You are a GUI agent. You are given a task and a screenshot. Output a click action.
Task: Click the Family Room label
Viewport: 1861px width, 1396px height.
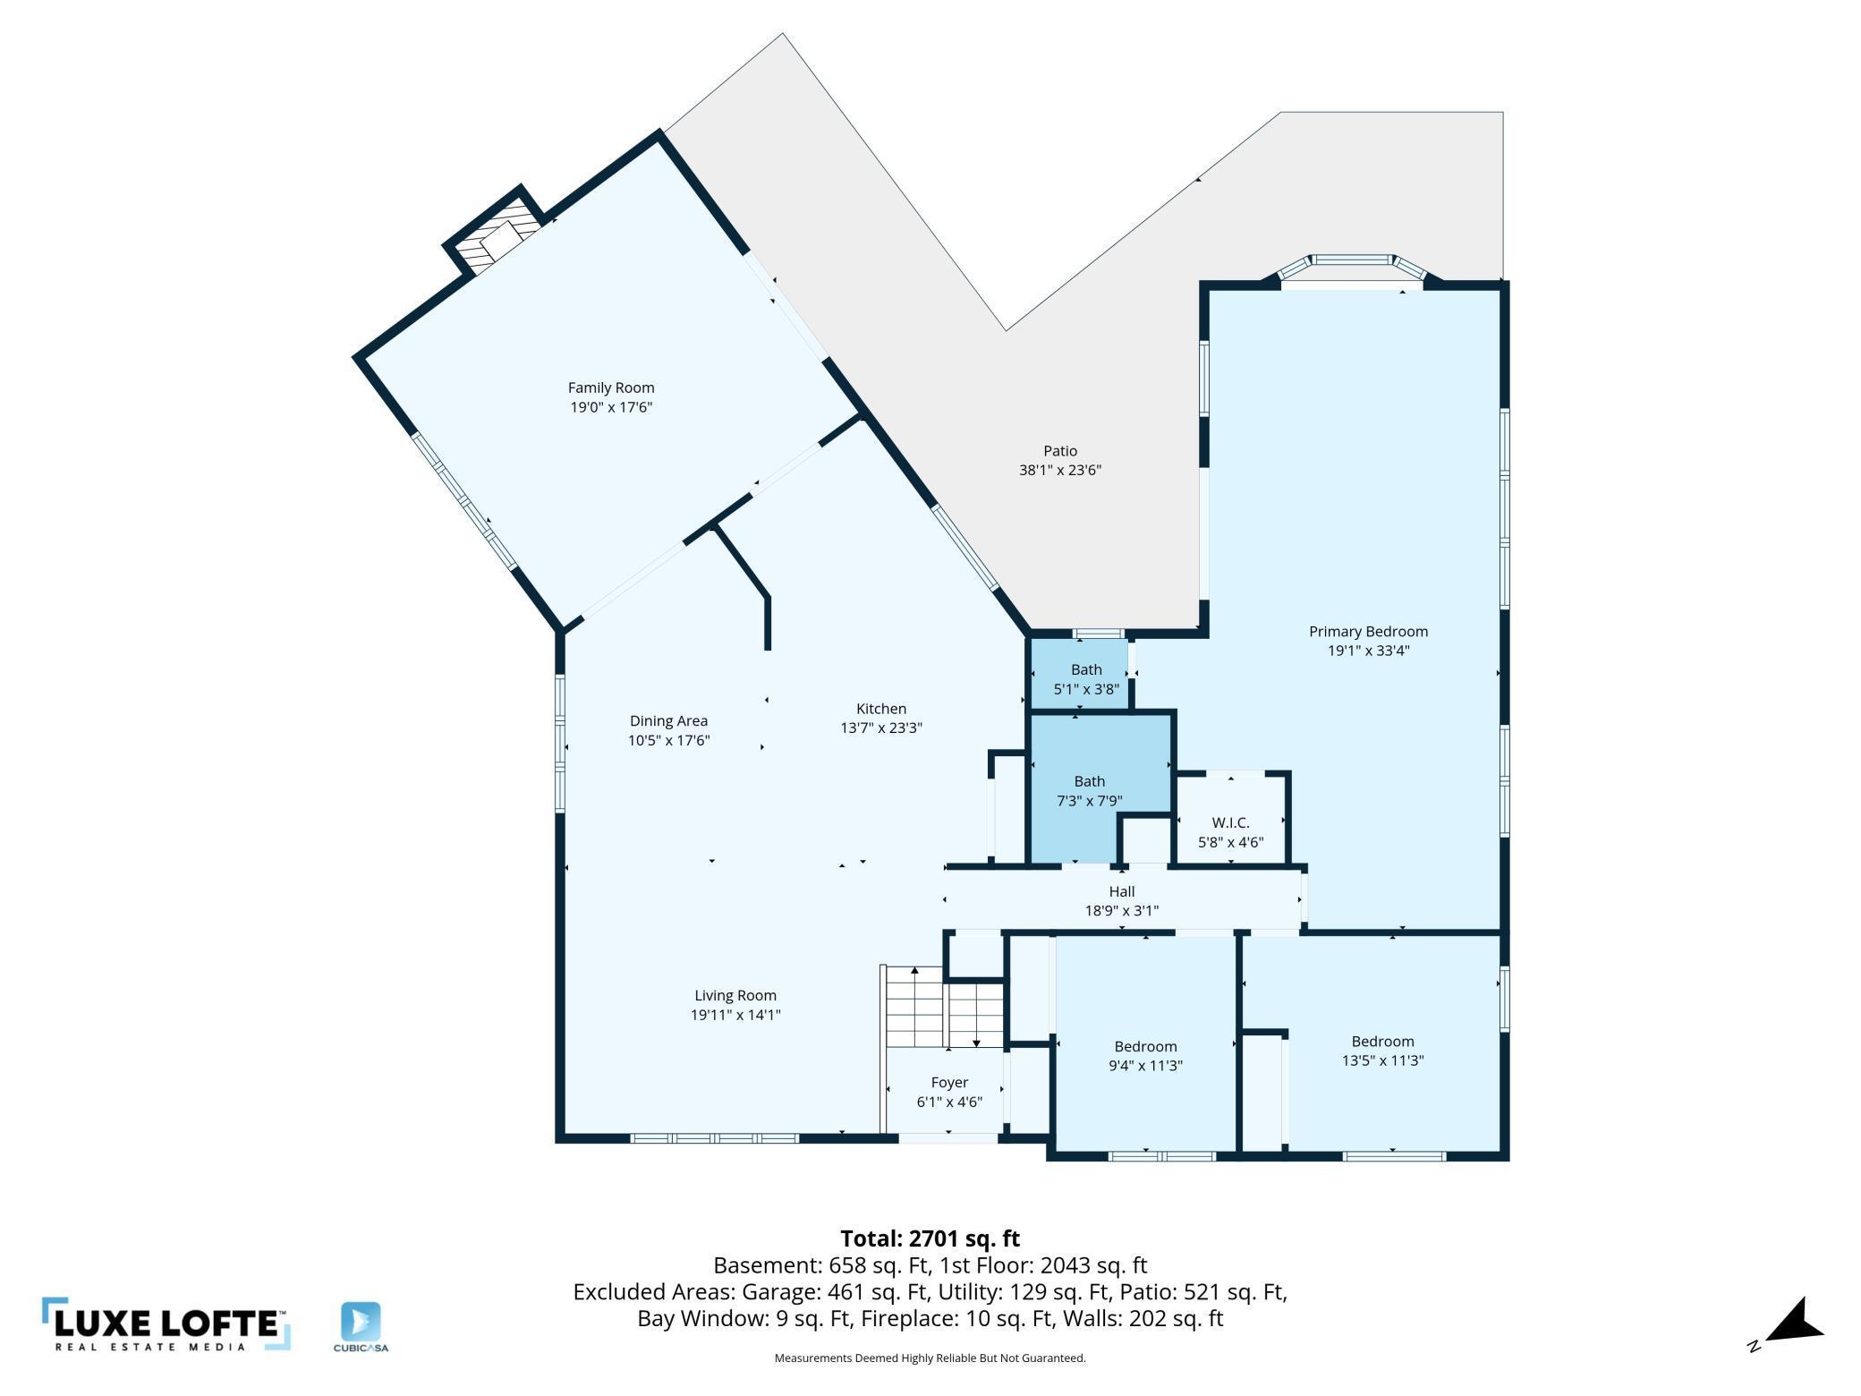611,387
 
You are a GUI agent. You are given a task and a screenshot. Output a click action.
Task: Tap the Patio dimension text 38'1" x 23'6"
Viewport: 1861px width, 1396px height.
1059,470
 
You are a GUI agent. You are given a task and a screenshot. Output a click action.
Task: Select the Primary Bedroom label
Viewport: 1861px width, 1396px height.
1368,632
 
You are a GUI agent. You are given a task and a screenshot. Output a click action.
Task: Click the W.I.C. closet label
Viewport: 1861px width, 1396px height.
1230,822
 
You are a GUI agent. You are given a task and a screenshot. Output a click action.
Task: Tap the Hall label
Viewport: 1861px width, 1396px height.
1121,891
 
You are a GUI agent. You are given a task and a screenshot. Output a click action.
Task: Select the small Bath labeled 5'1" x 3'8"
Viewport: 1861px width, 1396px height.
1086,679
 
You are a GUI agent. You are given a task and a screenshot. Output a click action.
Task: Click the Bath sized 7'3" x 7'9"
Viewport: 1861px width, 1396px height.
1089,790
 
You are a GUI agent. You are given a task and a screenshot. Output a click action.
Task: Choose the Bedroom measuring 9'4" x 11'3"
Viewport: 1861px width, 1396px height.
1145,1056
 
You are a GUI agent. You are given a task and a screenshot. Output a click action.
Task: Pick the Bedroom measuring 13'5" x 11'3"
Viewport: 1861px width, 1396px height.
1382,1051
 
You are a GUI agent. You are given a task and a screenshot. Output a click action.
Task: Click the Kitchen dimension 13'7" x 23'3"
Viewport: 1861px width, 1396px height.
880,728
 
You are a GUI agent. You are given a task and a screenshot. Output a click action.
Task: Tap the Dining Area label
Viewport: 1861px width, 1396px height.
668,720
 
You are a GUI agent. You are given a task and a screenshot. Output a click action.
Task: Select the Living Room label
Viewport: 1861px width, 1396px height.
735,995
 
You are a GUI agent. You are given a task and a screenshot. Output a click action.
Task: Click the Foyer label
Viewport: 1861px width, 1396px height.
949,1083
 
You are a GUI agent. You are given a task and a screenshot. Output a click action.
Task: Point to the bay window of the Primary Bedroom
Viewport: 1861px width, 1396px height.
1352,268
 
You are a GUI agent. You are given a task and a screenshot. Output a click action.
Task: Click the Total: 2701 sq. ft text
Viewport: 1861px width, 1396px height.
930,1239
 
